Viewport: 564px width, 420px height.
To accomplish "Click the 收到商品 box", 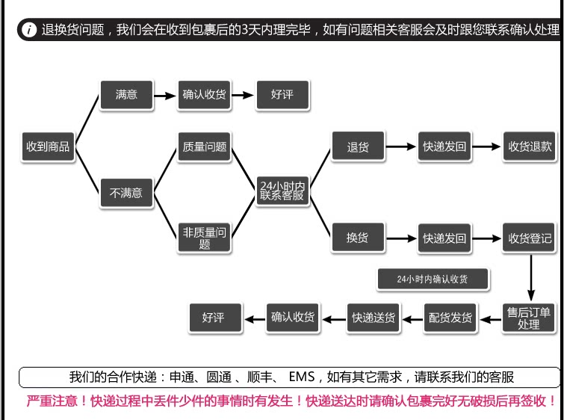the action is click(48, 146).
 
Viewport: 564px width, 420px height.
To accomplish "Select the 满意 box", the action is click(126, 95).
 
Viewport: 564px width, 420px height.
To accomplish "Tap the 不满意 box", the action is click(126, 193).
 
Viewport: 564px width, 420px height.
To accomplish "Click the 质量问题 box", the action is click(204, 146).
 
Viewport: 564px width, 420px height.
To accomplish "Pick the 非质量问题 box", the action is click(204, 238).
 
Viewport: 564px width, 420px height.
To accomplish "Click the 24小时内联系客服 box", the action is click(282, 191).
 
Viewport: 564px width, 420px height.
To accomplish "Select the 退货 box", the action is click(358, 146).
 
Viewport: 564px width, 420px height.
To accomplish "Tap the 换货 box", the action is click(358, 237).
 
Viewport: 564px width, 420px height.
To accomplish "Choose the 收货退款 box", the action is click(530, 146).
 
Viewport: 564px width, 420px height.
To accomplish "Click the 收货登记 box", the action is click(530, 238).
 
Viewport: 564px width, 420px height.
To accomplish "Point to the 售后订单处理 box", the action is click(529, 318).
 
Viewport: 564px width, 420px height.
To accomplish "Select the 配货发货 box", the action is click(450, 318).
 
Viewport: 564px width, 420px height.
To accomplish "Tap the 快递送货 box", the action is click(374, 318).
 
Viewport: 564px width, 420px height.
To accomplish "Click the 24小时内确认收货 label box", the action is click(433, 279).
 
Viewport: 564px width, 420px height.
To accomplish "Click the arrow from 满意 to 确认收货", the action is click(165, 96).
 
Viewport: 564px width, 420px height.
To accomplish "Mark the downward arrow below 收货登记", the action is click(531, 277).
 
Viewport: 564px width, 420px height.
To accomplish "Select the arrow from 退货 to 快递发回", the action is click(401, 146).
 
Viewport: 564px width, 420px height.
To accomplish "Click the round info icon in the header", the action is click(29, 29).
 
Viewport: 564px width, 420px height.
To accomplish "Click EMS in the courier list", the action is click(302, 377).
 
